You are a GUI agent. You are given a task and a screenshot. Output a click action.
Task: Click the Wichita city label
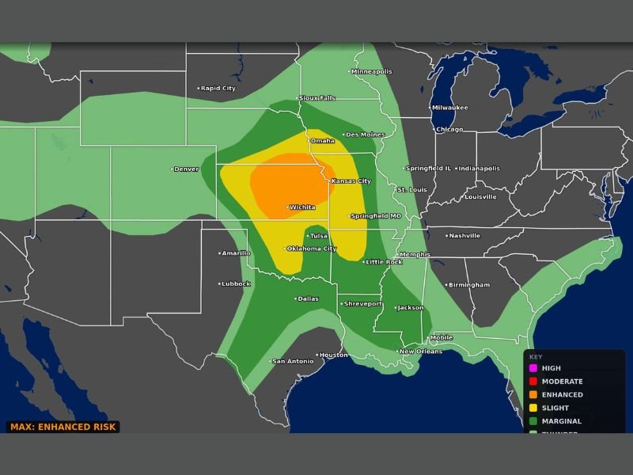302,207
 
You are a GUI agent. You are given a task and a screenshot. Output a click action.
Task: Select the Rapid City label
218,89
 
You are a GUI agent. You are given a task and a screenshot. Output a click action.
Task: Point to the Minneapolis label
371,72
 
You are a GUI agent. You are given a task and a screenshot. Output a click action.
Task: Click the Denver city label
186,169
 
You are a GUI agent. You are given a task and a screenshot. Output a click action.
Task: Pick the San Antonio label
293,362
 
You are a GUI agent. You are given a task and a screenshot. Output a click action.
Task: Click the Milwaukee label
449,108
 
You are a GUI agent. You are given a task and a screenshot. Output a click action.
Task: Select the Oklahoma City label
311,249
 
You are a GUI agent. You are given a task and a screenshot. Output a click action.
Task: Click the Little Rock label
383,262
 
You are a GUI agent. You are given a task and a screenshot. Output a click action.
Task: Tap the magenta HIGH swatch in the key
533,368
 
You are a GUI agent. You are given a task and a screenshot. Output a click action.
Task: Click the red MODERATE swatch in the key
533,382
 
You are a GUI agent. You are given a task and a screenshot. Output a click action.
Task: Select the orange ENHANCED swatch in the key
533,394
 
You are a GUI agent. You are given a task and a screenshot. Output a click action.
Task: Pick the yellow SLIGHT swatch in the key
533,408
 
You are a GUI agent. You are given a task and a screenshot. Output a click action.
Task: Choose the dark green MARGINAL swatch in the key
533,421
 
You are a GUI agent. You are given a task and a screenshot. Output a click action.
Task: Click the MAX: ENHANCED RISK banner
63,427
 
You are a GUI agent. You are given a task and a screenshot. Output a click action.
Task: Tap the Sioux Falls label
316,98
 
